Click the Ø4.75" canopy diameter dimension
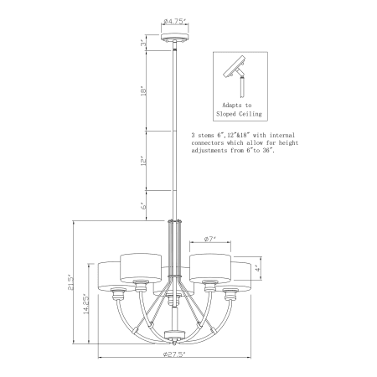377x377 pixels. [x=175, y=21]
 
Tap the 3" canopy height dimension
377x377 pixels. [x=143, y=44]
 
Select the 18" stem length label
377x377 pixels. [x=143, y=90]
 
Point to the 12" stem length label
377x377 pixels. [x=143, y=161]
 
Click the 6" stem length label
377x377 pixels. [x=143, y=206]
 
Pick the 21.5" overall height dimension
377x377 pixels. [x=71, y=283]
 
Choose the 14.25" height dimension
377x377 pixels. [x=86, y=304]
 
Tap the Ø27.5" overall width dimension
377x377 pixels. [x=174, y=354]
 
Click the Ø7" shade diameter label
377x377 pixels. [x=210, y=239]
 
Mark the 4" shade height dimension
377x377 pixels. [x=258, y=268]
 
